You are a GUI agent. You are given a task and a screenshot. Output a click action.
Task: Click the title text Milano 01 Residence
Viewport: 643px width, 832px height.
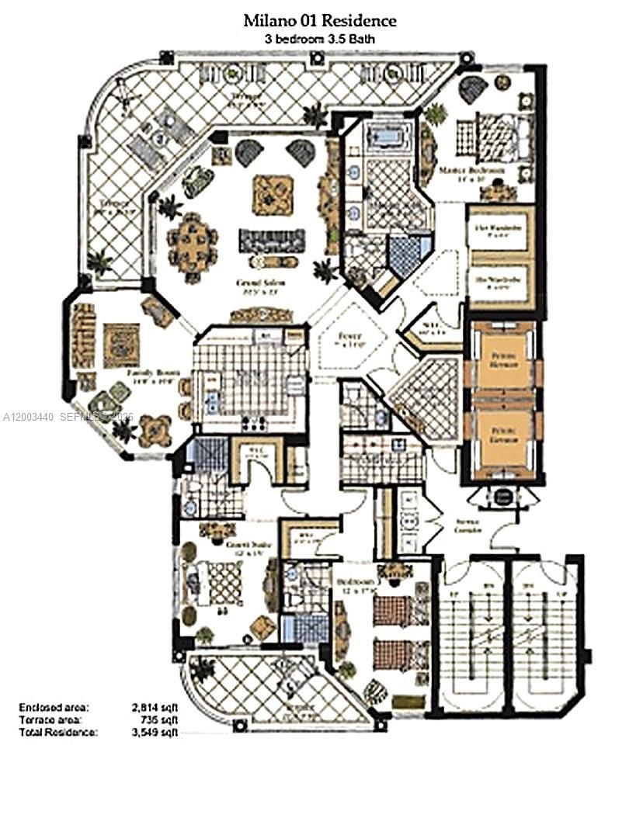tap(320, 21)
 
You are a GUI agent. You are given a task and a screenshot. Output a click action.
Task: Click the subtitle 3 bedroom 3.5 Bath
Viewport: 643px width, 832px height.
tap(320, 38)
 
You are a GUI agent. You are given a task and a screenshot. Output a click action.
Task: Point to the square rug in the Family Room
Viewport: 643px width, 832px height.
tap(121, 345)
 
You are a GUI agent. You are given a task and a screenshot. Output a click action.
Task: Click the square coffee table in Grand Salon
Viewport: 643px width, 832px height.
tap(273, 194)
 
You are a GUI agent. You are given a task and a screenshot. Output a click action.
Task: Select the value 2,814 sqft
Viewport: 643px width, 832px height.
tap(151, 708)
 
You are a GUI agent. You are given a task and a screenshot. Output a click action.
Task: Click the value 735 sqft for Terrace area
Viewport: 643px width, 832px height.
tap(155, 719)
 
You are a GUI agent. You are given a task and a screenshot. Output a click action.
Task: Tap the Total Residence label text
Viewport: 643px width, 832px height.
tap(59, 732)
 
